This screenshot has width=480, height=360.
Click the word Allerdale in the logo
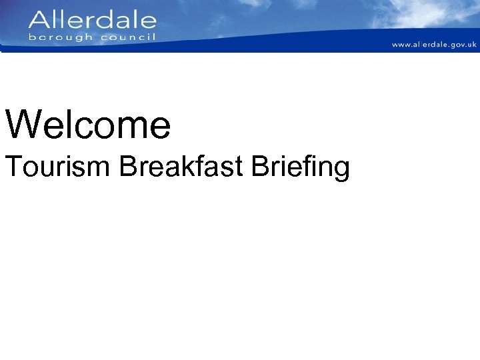coord(93,21)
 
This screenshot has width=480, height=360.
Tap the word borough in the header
coord(61,37)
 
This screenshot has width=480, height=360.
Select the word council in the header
coord(128,37)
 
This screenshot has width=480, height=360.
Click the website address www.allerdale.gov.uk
coord(434,45)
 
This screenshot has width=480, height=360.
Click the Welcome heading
coord(88,125)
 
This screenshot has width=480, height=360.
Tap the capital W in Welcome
coord(23,125)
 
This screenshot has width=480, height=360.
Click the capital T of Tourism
coord(13,167)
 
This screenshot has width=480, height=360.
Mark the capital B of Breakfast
coord(127,167)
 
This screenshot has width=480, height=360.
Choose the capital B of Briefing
coord(260,167)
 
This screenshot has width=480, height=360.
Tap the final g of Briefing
coord(341,171)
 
